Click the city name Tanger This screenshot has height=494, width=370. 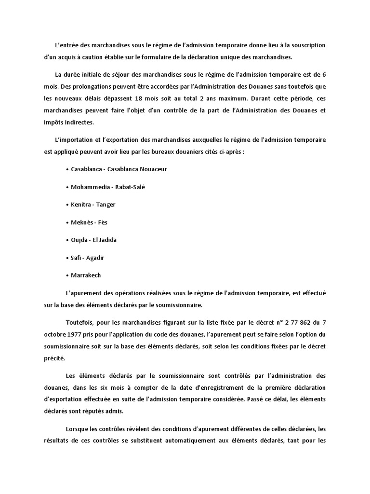pyautogui.click(x=106, y=205)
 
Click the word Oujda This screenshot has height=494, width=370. pyautogui.click(x=79, y=240)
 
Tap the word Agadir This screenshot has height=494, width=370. pyautogui.click(x=95, y=258)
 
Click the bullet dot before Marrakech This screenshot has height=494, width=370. pyautogui.click(x=66, y=275)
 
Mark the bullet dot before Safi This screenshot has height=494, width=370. pyautogui.click(x=66, y=258)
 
